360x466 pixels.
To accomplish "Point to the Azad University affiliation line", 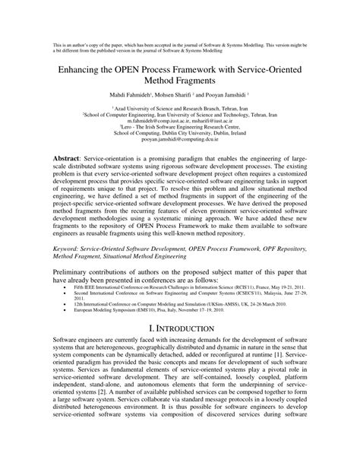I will click(180, 106).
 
